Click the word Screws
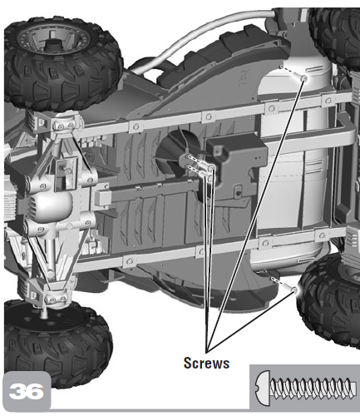point(206,363)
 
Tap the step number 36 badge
point(27,391)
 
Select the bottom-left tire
point(57,343)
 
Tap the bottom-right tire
point(330,301)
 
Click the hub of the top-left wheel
point(52,44)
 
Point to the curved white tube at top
point(205,31)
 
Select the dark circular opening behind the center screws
point(177,151)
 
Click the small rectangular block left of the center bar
point(102,196)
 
